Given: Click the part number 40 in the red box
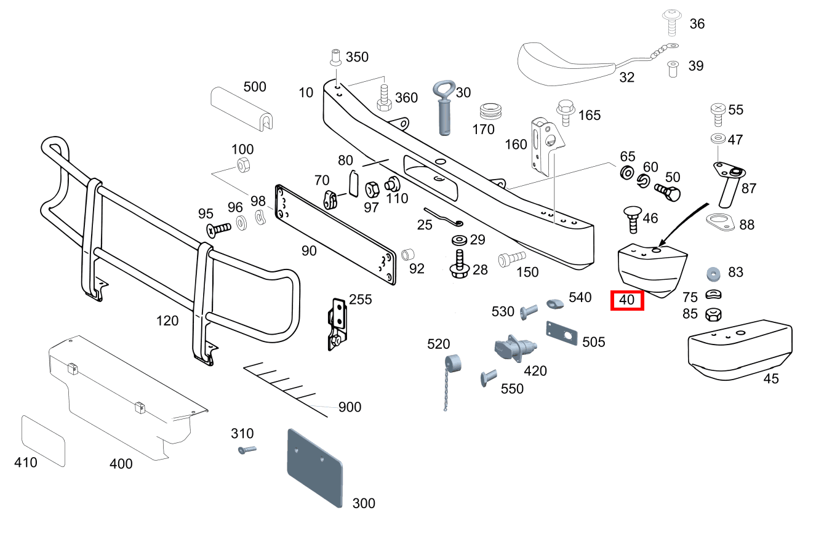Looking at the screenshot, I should pos(626,301).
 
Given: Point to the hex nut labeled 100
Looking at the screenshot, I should pos(242,165).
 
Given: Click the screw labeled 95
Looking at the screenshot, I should pos(218,229).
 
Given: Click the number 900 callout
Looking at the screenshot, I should pos(350,407).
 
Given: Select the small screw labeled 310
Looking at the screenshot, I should pos(246,450).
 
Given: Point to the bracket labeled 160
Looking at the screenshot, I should pos(544,145).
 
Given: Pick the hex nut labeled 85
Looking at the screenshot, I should pos(713,314).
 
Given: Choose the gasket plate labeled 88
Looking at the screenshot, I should pos(720,221).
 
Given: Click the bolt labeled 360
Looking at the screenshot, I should pos(385,97).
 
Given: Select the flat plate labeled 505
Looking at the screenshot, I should pos(562,335).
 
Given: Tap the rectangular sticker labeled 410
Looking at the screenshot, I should pos(43,440).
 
